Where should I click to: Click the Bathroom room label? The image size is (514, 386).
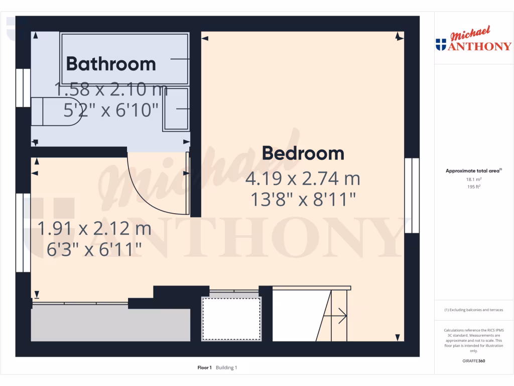click(x=111, y=64)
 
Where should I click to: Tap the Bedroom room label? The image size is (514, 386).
click(x=303, y=153)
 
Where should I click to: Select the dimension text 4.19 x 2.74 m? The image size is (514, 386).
click(x=303, y=178)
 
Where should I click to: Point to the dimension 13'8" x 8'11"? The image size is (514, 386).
click(x=303, y=200)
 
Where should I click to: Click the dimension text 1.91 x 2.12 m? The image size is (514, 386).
click(x=94, y=229)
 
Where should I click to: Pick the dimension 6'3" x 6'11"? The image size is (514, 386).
click(x=94, y=249)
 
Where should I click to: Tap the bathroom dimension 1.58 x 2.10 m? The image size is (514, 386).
click(x=111, y=90)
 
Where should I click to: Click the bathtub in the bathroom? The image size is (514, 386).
click(x=124, y=59)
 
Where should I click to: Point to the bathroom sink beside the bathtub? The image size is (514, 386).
click(x=176, y=110)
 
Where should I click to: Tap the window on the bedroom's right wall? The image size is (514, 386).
click(x=412, y=196)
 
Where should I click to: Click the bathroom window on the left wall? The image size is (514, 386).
click(x=23, y=88)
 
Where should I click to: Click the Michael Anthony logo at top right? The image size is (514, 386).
click(x=473, y=41)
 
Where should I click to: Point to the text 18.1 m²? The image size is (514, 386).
click(x=473, y=179)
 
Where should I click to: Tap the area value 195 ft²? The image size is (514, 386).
click(x=473, y=186)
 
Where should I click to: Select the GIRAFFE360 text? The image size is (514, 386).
click(x=473, y=361)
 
